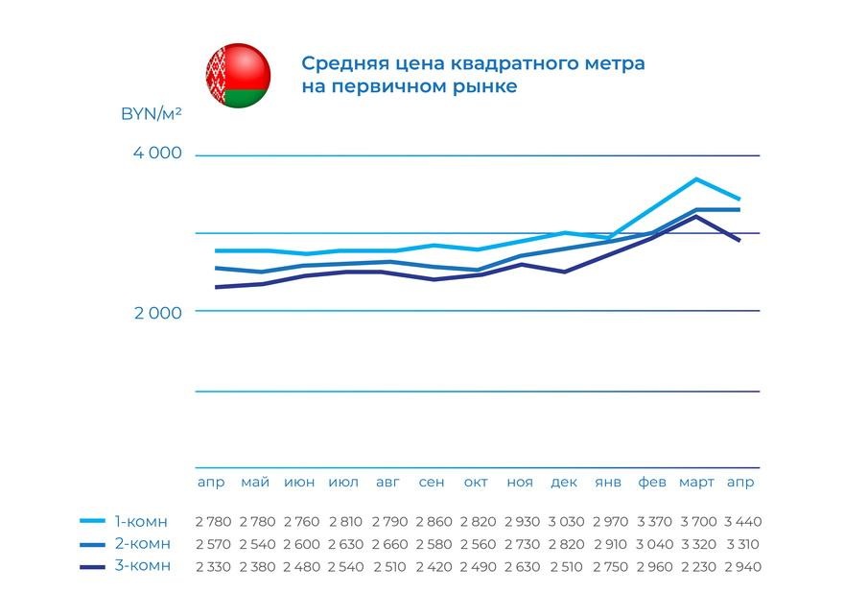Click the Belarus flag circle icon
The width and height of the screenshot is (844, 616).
[x=238, y=75]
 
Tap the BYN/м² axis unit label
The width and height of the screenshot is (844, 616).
[x=152, y=113]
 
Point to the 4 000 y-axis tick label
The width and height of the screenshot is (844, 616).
[x=155, y=154]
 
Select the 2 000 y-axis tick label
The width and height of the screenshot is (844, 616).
[x=155, y=312]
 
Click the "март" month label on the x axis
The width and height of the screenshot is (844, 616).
[x=696, y=482]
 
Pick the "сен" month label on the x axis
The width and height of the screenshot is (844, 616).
[x=432, y=482]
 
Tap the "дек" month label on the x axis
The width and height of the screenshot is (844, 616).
[x=564, y=482]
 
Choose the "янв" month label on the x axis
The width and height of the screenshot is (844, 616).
[x=608, y=482]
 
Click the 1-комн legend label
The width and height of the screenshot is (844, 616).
[x=141, y=522]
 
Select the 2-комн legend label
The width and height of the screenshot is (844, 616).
[x=141, y=544]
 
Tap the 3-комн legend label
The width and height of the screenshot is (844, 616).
[x=141, y=565]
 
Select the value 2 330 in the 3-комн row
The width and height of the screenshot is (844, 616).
[x=212, y=566]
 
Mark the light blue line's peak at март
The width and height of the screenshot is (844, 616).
[x=696, y=179]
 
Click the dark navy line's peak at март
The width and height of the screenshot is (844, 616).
[x=696, y=217]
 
